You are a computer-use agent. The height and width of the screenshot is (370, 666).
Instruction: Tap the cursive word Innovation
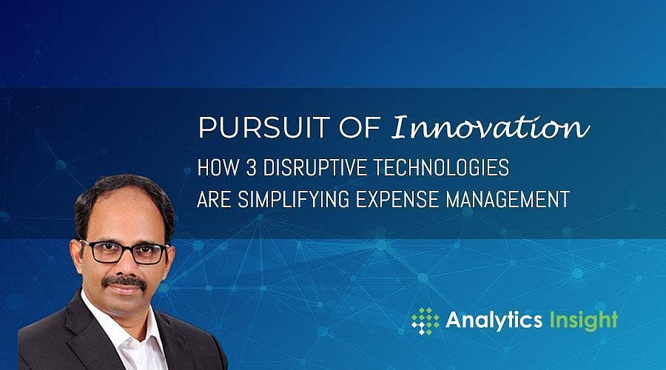tap(490, 127)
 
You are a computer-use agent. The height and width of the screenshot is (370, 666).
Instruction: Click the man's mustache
tap(124, 281)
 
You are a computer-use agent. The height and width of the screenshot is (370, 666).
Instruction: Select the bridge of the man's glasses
tap(122, 247)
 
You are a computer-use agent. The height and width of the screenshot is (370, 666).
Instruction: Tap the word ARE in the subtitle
tap(214, 200)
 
